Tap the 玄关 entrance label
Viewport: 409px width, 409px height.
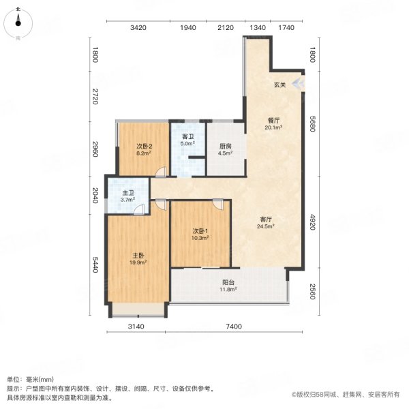[279, 85]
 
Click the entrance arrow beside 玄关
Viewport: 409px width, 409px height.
[298, 85]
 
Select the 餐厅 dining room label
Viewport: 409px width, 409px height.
[273, 120]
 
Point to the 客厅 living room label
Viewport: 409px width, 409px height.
[267, 219]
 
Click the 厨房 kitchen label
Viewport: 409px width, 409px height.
[225, 146]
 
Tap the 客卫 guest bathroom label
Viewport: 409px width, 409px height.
[187, 136]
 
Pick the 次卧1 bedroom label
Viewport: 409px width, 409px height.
[199, 231]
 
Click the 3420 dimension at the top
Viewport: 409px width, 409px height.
[138, 28]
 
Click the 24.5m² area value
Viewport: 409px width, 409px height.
[266, 226]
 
